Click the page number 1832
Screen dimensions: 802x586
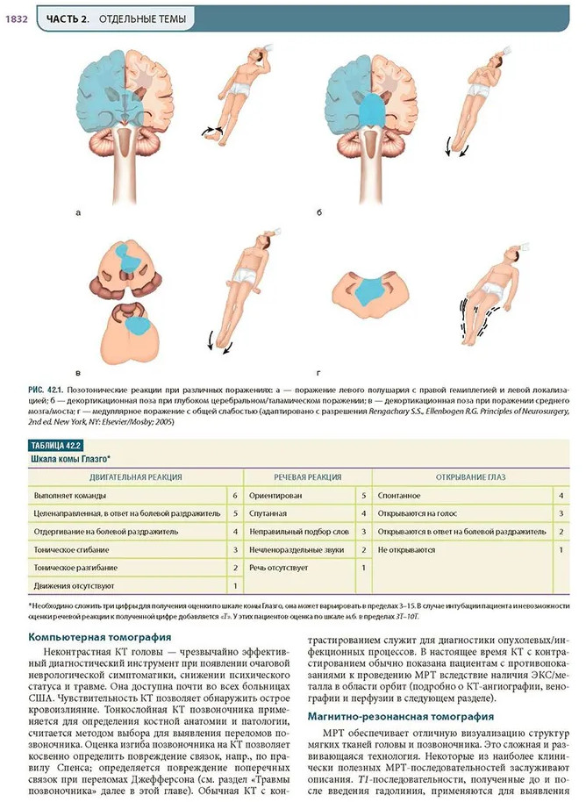coord(18,18)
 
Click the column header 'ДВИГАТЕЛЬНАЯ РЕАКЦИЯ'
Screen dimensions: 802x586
coord(135,476)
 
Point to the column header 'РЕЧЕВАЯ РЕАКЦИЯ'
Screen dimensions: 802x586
coord(306,476)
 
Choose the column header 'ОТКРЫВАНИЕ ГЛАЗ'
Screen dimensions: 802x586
coord(472,476)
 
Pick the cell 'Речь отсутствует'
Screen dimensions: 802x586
coord(282,567)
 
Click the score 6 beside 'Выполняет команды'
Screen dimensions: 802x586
coord(235,496)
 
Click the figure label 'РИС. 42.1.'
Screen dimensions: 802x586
coord(50,387)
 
